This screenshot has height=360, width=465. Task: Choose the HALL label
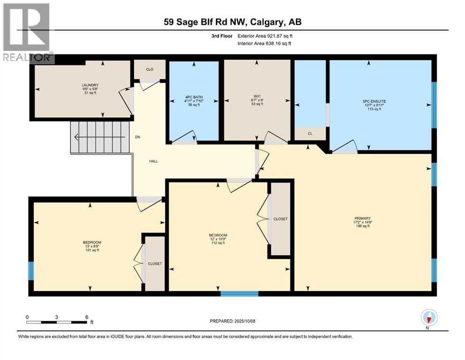(x=154, y=161)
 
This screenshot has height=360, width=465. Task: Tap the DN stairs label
(x=138, y=137)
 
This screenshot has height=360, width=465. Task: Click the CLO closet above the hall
(x=149, y=69)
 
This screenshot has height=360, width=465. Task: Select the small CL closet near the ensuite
(x=310, y=133)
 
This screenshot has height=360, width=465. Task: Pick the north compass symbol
(x=429, y=318)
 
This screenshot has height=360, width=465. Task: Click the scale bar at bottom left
(x=57, y=322)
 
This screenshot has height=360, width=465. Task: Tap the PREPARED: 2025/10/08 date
(x=233, y=321)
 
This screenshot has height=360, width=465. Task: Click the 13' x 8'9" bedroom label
(x=91, y=246)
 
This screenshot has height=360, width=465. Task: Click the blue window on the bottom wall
(x=239, y=293)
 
